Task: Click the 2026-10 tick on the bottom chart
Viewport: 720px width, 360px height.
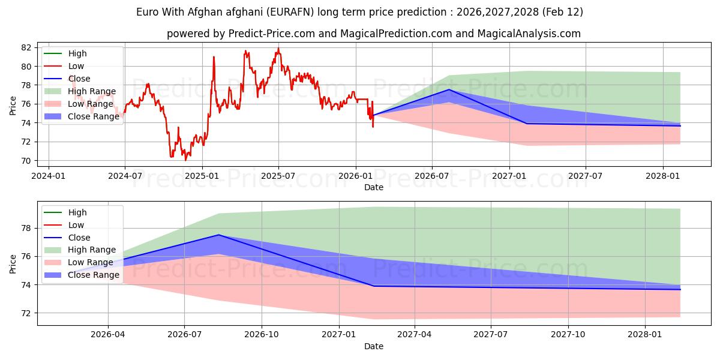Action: [262, 335]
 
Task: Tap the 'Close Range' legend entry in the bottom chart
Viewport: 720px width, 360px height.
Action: [93, 275]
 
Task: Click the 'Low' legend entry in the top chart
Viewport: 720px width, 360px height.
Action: [76, 66]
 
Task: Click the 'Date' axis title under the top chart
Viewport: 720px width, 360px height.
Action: [373, 187]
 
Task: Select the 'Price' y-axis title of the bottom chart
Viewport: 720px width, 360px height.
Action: [13, 263]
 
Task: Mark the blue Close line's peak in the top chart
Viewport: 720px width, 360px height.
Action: [449, 89]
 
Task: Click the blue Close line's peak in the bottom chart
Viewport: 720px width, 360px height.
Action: [218, 235]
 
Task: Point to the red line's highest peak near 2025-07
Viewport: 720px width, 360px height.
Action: [278, 49]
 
